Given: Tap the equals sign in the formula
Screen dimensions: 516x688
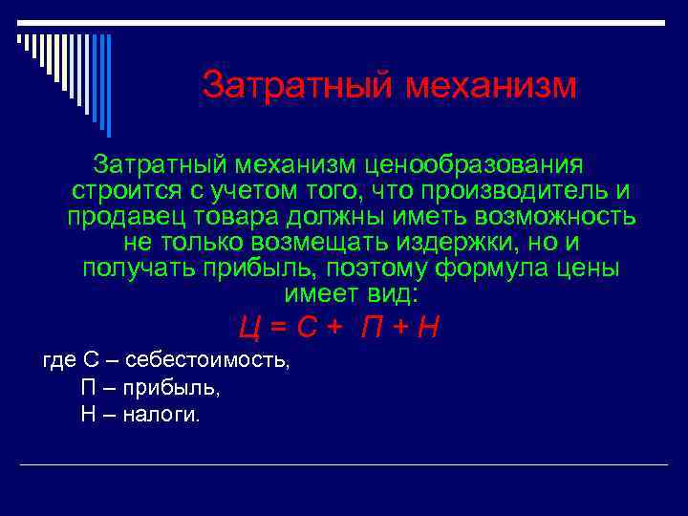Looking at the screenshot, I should (x=279, y=328).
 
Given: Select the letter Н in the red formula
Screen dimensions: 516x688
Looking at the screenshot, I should (x=429, y=328).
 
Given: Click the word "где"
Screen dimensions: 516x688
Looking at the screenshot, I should (x=59, y=361).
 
